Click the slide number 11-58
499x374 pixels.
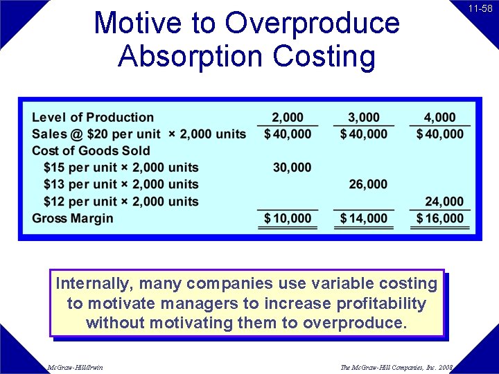coord(480,9)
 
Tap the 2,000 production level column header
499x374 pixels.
coord(287,117)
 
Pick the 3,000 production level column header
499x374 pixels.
coord(363,117)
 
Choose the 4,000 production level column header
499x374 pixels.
coord(439,117)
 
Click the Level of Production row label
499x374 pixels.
coord(93,117)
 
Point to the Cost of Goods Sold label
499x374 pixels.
coord(91,150)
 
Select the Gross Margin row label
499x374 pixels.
coord(73,218)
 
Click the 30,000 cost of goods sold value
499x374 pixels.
coord(292,168)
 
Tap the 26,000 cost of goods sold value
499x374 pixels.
coord(368,184)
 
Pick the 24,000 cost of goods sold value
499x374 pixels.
coord(444,202)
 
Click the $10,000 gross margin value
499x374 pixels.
coord(288,218)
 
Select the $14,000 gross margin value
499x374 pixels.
coord(364,218)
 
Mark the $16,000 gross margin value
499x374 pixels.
coord(440,218)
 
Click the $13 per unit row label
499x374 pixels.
coord(121,184)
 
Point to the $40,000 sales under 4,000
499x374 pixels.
coord(440,134)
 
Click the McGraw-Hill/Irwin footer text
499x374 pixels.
coord(75,367)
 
